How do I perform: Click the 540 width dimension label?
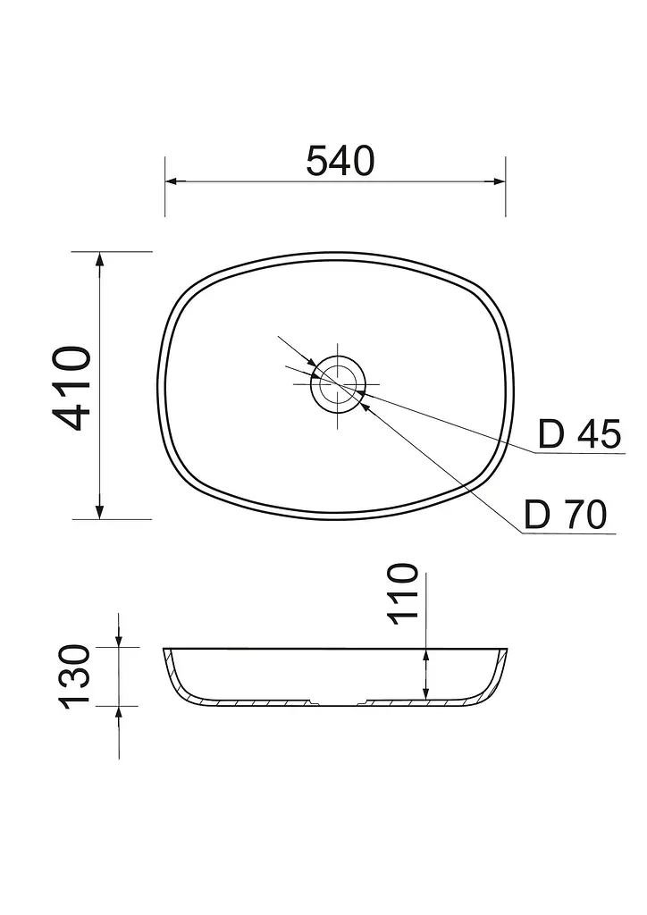(x=340, y=161)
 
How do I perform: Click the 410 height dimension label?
(x=72, y=388)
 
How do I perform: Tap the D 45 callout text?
(x=579, y=433)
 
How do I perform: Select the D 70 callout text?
(x=566, y=514)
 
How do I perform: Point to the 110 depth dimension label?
(x=404, y=594)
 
